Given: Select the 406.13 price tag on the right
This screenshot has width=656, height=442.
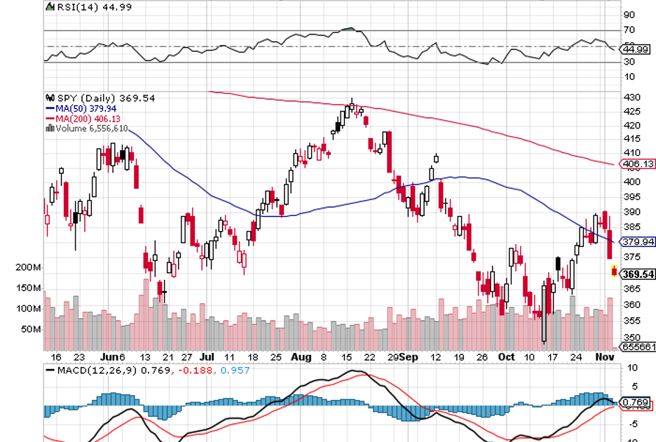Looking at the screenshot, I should coord(638,164).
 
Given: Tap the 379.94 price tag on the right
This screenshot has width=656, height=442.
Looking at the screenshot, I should coord(638,242).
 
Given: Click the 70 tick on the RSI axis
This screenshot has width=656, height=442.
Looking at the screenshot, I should coord(629,30).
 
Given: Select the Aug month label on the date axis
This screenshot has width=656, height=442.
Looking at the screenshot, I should coord(301,357).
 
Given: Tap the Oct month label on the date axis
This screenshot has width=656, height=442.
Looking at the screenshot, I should coord(507,357).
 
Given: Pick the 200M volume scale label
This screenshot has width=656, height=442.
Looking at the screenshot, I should coord(29,268).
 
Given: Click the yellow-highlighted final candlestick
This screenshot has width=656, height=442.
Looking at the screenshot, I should coord(615,272).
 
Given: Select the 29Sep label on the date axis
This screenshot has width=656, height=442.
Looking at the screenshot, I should coord(404,357).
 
